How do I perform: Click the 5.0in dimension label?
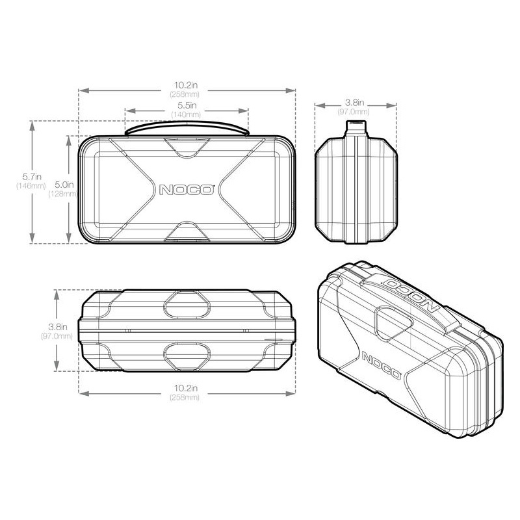point(79,185)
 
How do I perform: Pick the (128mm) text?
point(79,194)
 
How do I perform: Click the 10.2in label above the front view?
point(186,84)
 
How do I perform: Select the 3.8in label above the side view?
point(354,103)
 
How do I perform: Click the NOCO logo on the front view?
point(186,190)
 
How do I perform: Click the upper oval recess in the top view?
point(187,302)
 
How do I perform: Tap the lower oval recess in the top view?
point(187,354)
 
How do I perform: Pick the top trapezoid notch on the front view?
point(187,146)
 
